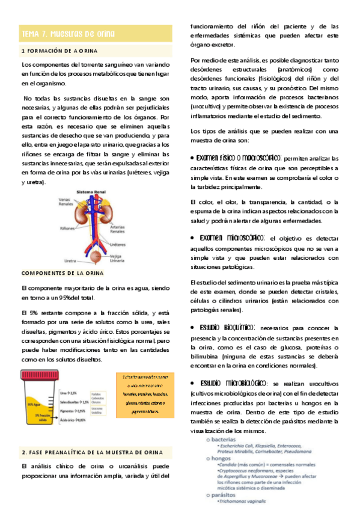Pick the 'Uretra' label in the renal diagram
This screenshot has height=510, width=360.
70,262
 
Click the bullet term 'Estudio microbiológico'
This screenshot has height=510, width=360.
231,383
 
